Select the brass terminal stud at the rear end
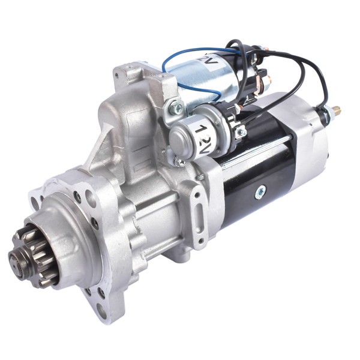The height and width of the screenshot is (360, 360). (337, 112)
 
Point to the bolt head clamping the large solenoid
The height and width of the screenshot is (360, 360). (176, 109)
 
